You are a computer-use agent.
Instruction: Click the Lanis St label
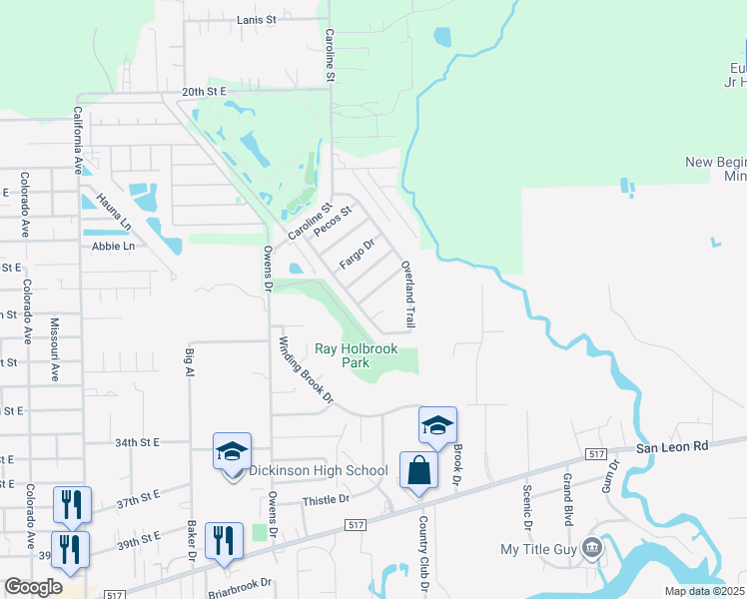pyautogui.click(x=257, y=19)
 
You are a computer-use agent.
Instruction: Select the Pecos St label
pyautogui.click(x=334, y=221)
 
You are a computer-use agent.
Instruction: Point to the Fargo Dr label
pyautogui.click(x=357, y=256)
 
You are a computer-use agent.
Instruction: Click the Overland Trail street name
pyautogui.click(x=407, y=296)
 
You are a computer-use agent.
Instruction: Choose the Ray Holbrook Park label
pyautogui.click(x=357, y=355)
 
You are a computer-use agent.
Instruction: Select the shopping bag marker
pyautogui.click(x=419, y=469)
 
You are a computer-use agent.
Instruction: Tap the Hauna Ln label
pyautogui.click(x=101, y=196)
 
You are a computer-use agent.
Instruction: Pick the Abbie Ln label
pyautogui.click(x=113, y=246)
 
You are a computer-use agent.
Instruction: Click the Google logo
pyautogui.click(x=33, y=587)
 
